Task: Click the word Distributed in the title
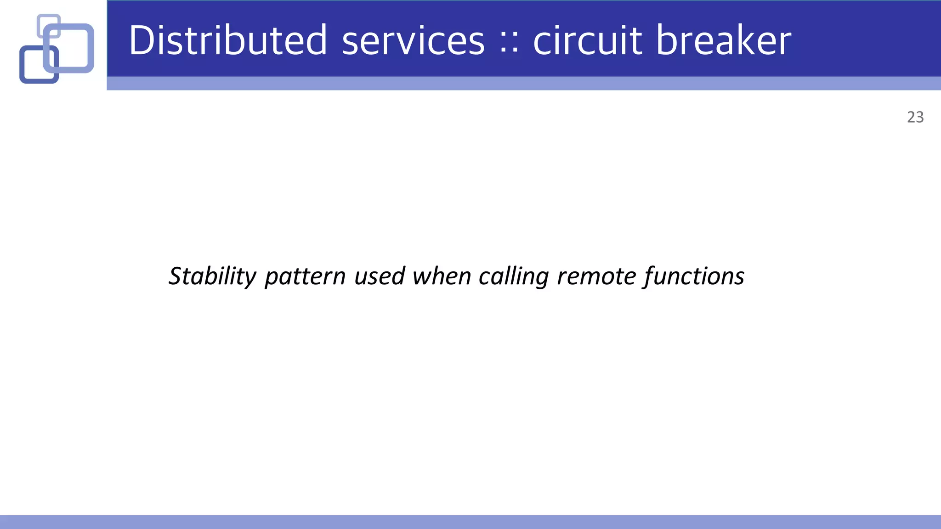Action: click(227, 40)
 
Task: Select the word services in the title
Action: click(413, 41)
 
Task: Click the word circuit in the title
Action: click(587, 40)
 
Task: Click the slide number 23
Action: click(915, 118)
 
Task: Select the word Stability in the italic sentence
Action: click(212, 276)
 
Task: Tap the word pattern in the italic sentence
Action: click(305, 277)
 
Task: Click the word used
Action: click(380, 276)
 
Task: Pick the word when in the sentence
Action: click(441, 276)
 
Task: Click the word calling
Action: click(513, 277)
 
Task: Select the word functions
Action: click(694, 276)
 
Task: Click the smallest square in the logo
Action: click(48, 21)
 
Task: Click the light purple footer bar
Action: click(470, 522)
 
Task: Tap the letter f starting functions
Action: click(649, 277)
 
